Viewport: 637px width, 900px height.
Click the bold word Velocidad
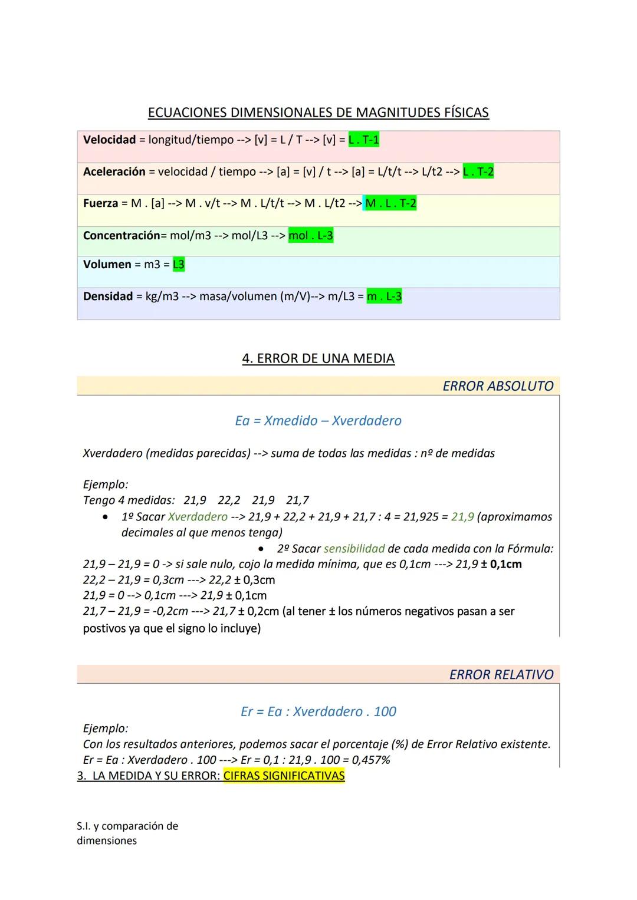pyautogui.click(x=110, y=140)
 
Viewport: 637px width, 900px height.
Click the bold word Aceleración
pyautogui.click(x=114, y=172)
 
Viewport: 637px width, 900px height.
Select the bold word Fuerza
pyautogui.click(x=101, y=204)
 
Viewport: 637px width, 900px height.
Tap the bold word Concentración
pyautogui.click(x=122, y=236)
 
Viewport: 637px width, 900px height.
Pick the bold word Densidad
pyautogui.click(x=108, y=296)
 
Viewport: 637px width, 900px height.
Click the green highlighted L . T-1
pyautogui.click(x=364, y=140)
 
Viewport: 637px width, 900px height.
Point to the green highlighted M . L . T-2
pyautogui.click(x=390, y=204)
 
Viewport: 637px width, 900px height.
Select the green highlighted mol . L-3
pyautogui.click(x=311, y=236)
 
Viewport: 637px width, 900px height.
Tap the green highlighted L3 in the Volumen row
pyautogui.click(x=178, y=265)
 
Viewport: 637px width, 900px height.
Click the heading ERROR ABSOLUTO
pyautogui.click(x=498, y=386)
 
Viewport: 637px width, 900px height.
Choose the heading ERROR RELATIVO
pyautogui.click(x=501, y=675)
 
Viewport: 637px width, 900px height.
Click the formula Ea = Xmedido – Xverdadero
pyautogui.click(x=318, y=421)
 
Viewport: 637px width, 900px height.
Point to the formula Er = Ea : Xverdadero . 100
pyautogui.click(x=318, y=711)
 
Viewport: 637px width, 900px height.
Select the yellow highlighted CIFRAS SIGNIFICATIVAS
pyautogui.click(x=284, y=776)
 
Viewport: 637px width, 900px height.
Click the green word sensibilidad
pyautogui.click(x=354, y=549)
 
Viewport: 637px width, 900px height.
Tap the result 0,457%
pyautogui.click(x=371, y=760)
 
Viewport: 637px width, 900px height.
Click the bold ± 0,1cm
pyautogui.click(x=501, y=565)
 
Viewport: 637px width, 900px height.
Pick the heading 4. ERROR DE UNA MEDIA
pyautogui.click(x=318, y=359)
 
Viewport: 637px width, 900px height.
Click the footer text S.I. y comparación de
pyautogui.click(x=127, y=826)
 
